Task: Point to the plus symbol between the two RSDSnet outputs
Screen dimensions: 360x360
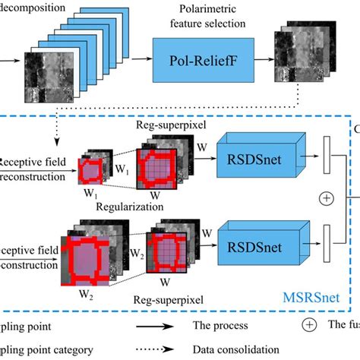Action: (327, 198)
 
